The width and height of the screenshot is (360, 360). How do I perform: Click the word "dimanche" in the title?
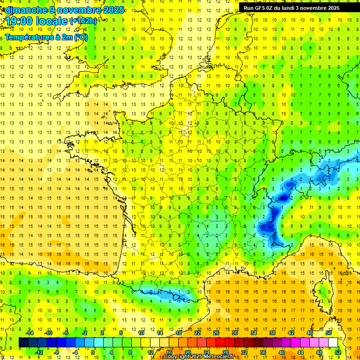pyautogui.click(x=23, y=10)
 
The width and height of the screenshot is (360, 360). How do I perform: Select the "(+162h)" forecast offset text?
pyautogui.click(x=83, y=21)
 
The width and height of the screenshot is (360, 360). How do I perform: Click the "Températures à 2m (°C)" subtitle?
pyautogui.click(x=49, y=37)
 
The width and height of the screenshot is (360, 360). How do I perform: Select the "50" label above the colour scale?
pyautogui.click(x=328, y=332)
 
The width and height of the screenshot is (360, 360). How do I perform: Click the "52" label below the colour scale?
pyautogui.click(x=337, y=352)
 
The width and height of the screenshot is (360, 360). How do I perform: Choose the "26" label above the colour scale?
pyautogui.click(x=216, y=332)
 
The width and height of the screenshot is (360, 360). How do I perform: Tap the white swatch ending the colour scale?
pyautogui.click(x=333, y=342)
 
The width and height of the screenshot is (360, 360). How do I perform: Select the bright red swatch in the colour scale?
pyautogui.click(x=220, y=342)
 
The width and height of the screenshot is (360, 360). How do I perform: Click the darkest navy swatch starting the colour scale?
pyautogui.click(x=23, y=342)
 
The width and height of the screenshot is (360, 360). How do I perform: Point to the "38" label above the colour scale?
pyautogui.click(x=272, y=332)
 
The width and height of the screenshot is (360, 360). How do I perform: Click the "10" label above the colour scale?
pyautogui.click(x=141, y=332)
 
